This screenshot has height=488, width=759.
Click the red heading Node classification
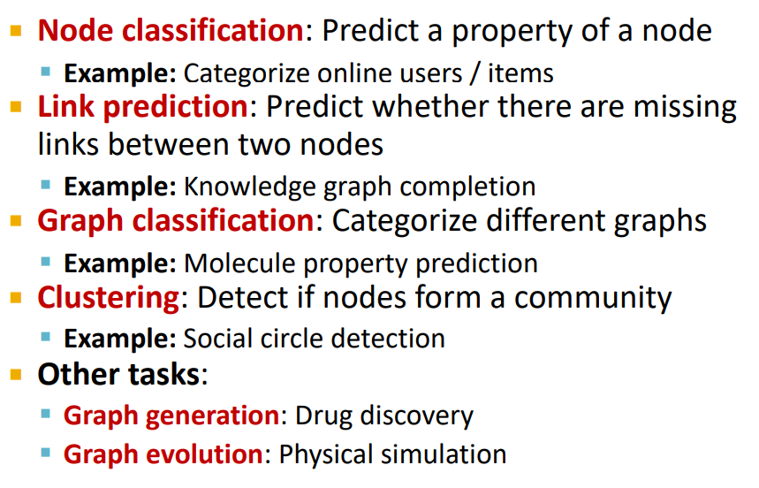[x=171, y=30]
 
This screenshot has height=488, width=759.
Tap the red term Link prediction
[x=143, y=106]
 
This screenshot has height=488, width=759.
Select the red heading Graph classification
[x=176, y=222]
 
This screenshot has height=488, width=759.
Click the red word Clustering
[x=109, y=297]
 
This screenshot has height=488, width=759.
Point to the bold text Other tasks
[x=118, y=374]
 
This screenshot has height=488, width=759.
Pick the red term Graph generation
[x=171, y=416]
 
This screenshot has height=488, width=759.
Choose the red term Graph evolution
[x=163, y=454]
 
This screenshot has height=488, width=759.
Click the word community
[x=593, y=298]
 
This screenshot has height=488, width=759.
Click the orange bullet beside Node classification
[x=16, y=31]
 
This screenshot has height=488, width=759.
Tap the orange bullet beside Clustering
[x=16, y=297]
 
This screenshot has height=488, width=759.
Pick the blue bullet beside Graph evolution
[x=46, y=454]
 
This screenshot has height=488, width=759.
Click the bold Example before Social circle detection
[x=120, y=339]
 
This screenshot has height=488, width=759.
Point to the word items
[x=520, y=74]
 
